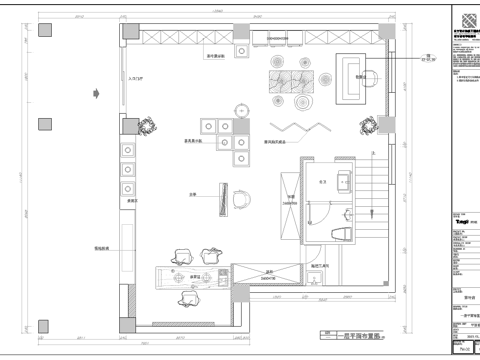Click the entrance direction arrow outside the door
[95, 93]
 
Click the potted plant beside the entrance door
[149, 125]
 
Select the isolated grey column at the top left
[43, 31]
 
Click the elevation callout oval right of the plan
[401, 59]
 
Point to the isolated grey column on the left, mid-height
[43, 124]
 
